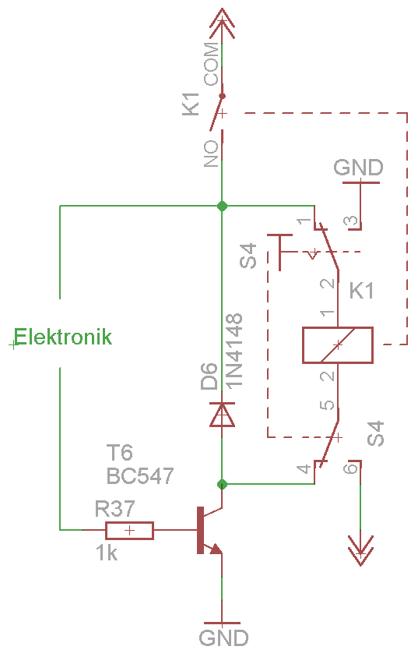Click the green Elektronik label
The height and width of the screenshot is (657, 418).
[x=63, y=337]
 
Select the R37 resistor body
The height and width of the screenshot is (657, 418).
[x=130, y=531]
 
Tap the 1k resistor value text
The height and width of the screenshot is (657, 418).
[x=107, y=553]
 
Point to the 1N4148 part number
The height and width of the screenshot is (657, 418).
[x=234, y=350]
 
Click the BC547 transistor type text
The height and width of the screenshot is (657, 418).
[x=140, y=476]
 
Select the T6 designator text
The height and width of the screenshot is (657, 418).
[x=120, y=453]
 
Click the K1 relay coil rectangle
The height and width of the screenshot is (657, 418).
[x=338, y=344]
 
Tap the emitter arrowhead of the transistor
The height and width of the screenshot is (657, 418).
[x=216, y=549]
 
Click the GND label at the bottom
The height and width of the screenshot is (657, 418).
[x=223, y=638]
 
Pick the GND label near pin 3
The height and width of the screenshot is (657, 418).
[x=359, y=168]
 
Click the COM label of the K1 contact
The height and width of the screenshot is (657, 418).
[x=212, y=64]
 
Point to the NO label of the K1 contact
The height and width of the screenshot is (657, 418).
[x=212, y=154]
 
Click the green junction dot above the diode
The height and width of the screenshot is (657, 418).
[x=222, y=207]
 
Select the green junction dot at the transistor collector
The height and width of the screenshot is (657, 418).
[x=222, y=485]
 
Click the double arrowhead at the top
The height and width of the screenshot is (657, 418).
[x=222, y=24]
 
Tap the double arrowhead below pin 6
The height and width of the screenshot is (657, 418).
[x=360, y=550]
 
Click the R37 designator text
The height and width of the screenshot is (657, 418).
[x=114, y=509]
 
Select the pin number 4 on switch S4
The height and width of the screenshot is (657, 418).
[x=304, y=468]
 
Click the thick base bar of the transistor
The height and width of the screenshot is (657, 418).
[x=200, y=530]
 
